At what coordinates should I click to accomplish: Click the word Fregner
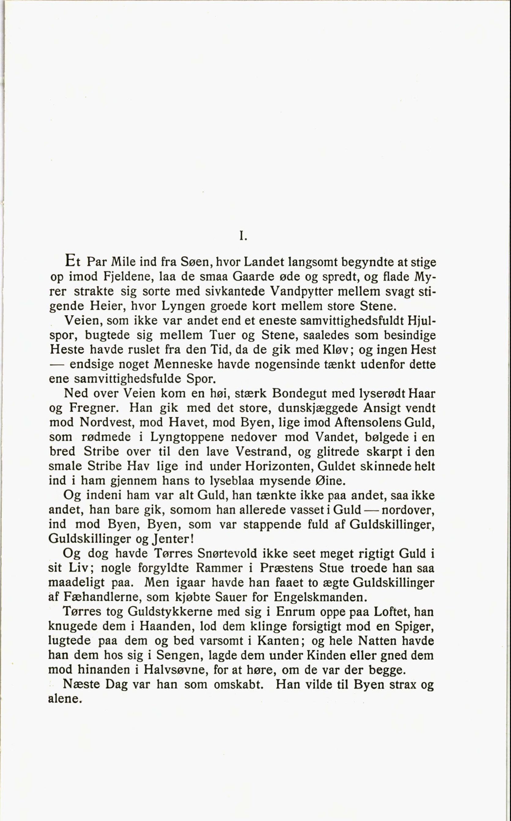coord(93,408)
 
